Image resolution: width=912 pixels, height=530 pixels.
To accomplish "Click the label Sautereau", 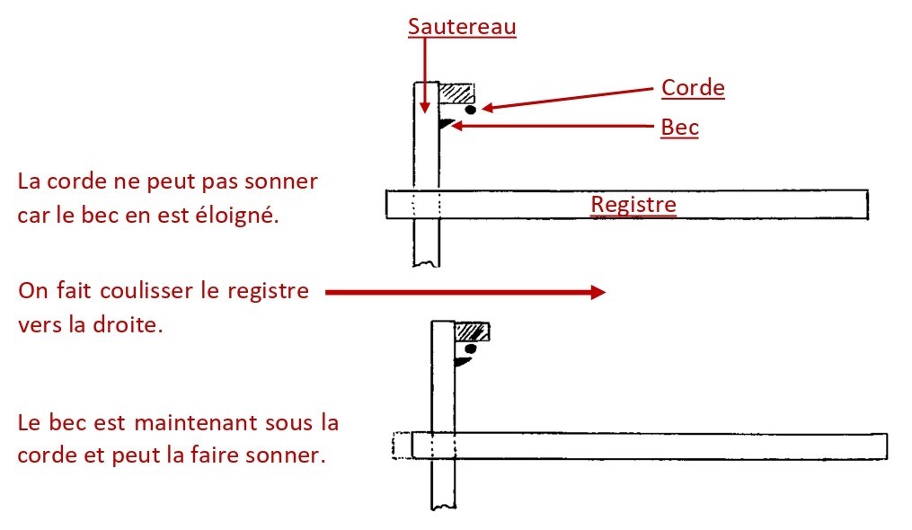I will [x=462, y=26].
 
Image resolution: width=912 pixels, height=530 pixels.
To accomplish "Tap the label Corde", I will [x=692, y=88].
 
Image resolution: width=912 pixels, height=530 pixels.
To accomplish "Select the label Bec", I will [x=679, y=128].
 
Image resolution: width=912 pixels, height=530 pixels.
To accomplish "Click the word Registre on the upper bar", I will [x=633, y=205].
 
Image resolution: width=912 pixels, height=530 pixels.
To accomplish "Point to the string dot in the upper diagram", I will [x=470, y=110].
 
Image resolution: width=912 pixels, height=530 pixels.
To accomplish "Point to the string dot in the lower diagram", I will [x=469, y=349].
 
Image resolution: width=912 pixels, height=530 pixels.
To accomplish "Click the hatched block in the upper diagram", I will [x=456, y=93].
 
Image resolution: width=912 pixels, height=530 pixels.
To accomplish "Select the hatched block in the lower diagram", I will [x=473, y=332].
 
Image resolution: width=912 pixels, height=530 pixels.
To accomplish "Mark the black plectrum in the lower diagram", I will [x=463, y=361].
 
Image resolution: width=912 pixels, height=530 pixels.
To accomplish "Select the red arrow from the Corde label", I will [x=566, y=98].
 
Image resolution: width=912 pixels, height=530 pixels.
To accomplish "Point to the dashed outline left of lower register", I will [x=402, y=446].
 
